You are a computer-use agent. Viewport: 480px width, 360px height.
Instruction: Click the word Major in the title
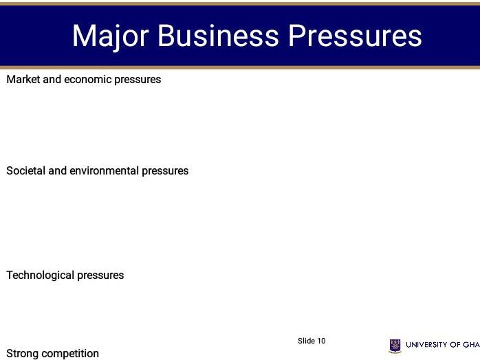point(110,36)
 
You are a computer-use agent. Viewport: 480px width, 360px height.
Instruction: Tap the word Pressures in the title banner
point(355,36)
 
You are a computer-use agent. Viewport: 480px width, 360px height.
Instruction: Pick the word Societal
point(25,171)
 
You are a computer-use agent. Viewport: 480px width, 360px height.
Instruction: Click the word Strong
point(22,354)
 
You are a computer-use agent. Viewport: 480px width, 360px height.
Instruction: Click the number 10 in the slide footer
point(321,341)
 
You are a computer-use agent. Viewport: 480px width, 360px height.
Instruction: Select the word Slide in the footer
point(306,341)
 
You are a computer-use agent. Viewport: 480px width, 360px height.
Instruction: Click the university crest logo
point(395,346)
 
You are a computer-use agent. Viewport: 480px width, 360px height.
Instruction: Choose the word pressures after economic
point(138,80)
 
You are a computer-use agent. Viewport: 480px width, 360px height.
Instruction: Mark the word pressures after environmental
point(165,171)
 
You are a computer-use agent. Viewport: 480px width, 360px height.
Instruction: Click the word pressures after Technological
point(100,275)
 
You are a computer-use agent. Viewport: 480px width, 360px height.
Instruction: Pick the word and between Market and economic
point(52,80)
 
